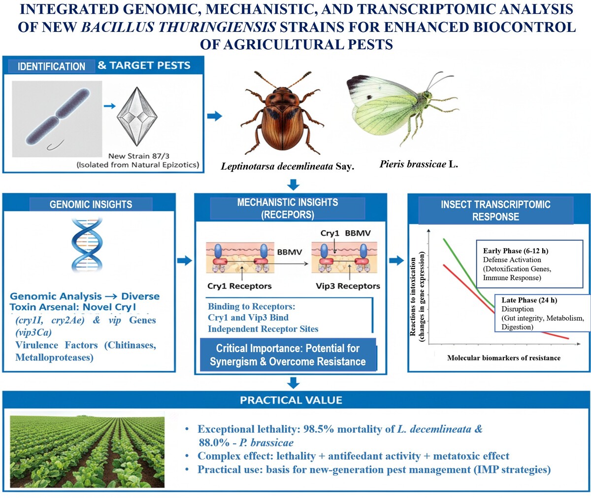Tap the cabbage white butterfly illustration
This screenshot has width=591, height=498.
click(394, 108)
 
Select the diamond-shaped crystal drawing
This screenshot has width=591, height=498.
click(138, 117)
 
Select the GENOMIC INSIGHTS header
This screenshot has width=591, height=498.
click(91, 205)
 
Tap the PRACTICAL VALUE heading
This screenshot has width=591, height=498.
click(291, 400)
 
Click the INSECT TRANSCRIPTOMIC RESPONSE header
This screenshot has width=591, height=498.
click(495, 210)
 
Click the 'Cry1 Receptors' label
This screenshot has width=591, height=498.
click(239, 286)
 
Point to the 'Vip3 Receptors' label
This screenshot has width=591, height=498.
click(348, 286)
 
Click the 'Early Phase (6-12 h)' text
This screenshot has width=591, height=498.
click(516, 251)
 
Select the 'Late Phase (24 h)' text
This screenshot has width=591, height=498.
click(529, 300)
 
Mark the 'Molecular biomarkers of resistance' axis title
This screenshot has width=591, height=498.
click(503, 358)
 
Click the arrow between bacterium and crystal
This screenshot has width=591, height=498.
click(109, 106)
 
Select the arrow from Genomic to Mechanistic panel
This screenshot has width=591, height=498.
click(184, 261)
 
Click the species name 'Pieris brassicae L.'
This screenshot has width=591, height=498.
click(419, 165)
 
